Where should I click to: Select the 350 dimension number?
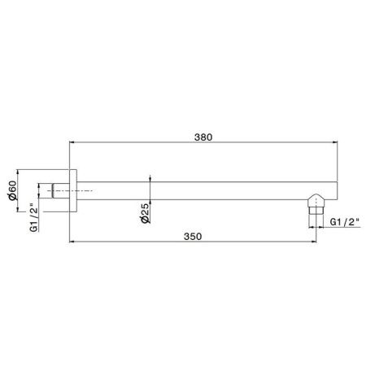[192, 236]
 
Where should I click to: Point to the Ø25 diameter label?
[144, 213]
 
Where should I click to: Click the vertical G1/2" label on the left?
[33, 217]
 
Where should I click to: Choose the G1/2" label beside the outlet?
[339, 220]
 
